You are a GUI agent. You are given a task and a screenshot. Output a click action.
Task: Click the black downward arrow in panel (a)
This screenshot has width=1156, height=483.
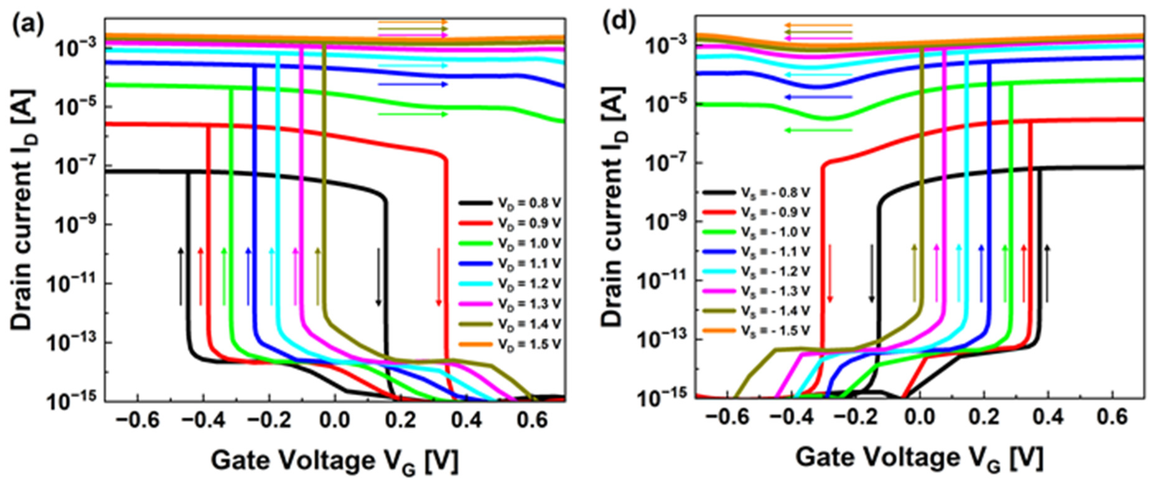click(378, 277)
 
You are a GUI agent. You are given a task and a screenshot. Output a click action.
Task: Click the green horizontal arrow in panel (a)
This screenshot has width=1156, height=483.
click(413, 114)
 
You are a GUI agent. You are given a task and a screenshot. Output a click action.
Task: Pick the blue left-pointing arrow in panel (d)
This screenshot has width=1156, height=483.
click(818, 97)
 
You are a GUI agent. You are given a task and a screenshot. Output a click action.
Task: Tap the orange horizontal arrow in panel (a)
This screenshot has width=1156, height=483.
click(413, 21)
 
